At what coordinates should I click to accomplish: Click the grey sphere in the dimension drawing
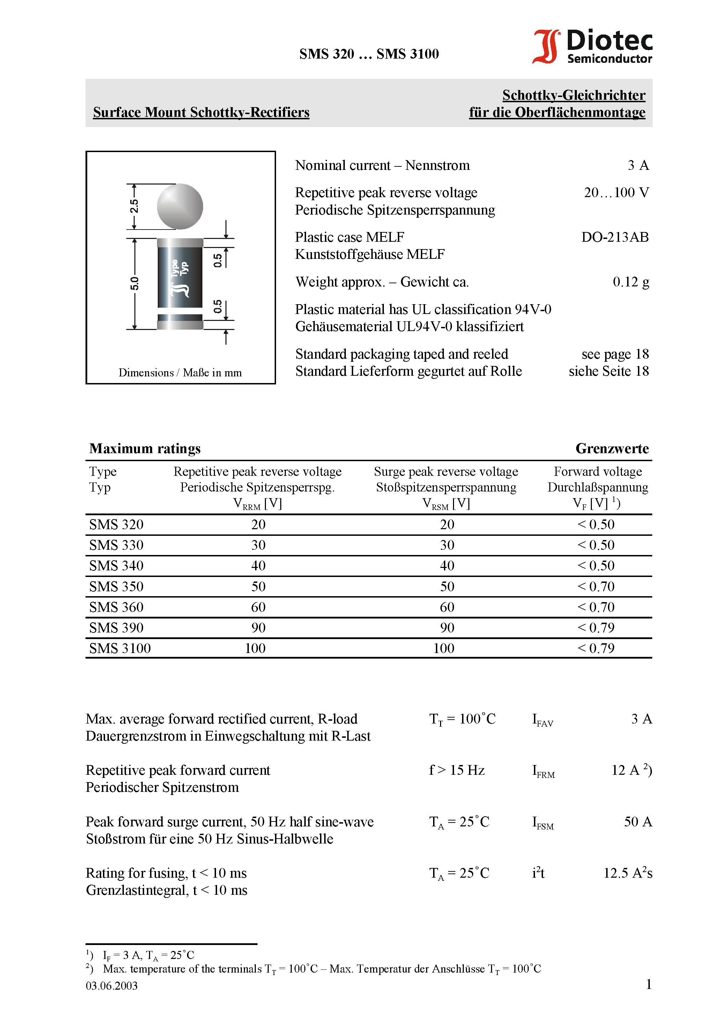[x=180, y=207]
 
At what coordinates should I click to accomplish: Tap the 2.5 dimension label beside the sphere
[x=134, y=206]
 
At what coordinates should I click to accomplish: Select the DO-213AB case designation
[x=615, y=237]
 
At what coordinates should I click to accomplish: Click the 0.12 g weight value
[x=630, y=282]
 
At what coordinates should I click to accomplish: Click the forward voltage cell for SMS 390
[x=596, y=628]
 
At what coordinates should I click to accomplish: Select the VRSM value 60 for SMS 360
[x=447, y=607]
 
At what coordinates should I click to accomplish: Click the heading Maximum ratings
[x=145, y=449]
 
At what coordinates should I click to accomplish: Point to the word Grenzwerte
[x=612, y=449]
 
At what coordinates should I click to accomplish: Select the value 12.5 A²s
[x=627, y=873]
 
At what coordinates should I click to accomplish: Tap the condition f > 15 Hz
[x=456, y=770]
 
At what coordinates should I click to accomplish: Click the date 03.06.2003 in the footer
[x=112, y=986]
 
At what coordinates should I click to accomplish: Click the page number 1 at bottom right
[x=648, y=984]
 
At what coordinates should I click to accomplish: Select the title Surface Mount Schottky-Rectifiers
[x=201, y=112]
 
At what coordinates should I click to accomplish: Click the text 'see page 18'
[x=615, y=354]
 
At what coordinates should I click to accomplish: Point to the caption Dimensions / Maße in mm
[x=180, y=373]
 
